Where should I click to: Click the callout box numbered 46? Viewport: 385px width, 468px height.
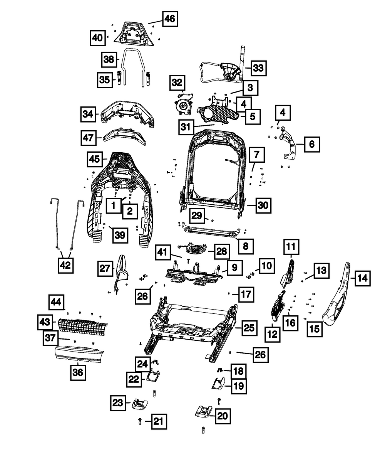point(170,19)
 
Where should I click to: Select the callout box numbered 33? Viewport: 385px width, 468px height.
point(259,68)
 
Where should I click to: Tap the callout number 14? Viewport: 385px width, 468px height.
point(363,278)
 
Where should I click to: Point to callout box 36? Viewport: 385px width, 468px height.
point(78,372)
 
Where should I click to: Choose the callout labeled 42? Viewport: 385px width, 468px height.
point(65,265)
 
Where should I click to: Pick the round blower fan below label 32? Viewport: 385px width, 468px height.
point(184,106)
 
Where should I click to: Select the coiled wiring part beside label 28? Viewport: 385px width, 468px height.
point(193,249)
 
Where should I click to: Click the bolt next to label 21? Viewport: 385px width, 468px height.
point(140,421)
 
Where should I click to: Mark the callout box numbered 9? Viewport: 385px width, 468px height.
point(234,268)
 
